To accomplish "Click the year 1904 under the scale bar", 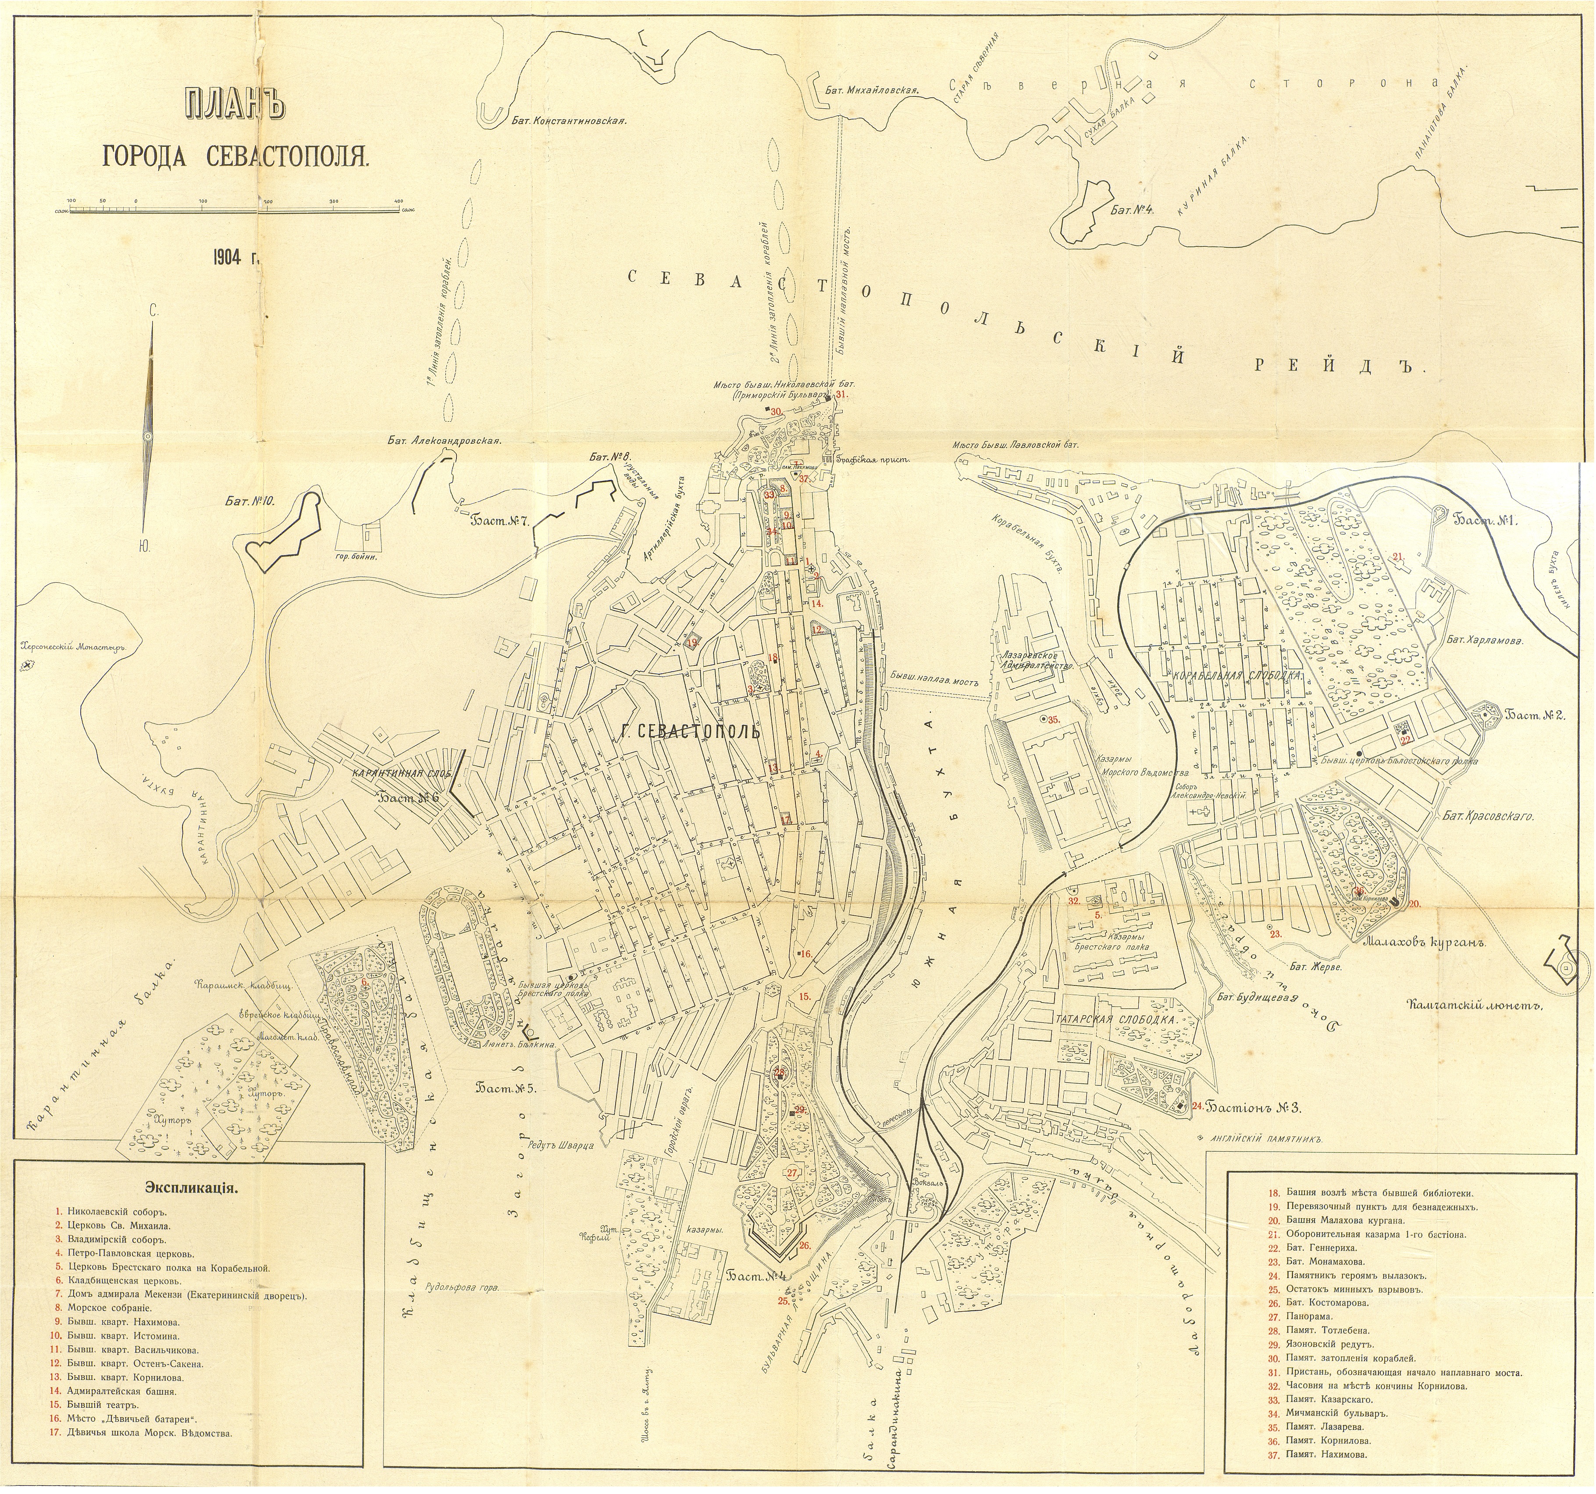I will (236, 259).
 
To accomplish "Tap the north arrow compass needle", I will (149, 417).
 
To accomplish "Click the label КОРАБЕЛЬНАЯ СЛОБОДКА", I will (1237, 676).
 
